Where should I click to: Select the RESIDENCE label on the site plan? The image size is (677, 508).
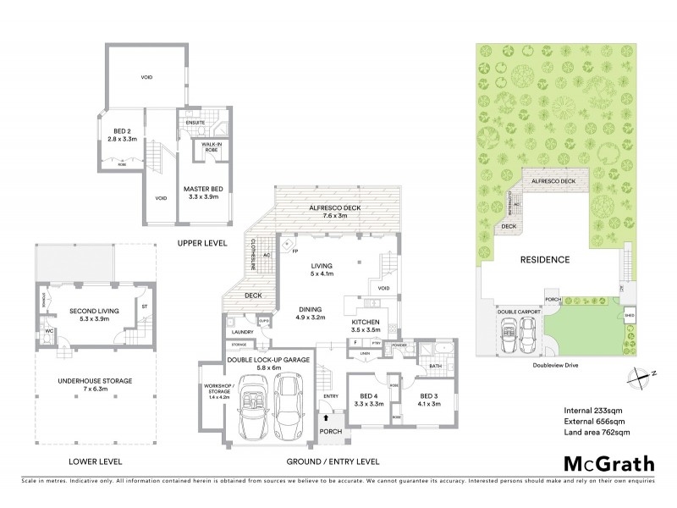pos(544,260)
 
